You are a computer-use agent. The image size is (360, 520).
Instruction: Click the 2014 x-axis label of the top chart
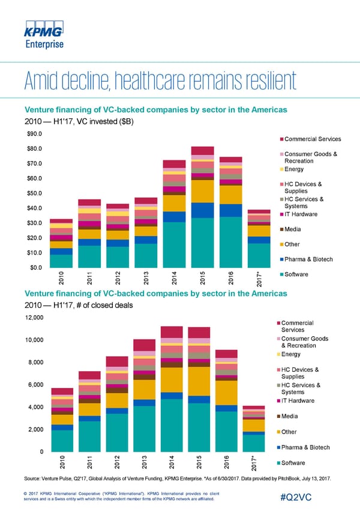[175, 279]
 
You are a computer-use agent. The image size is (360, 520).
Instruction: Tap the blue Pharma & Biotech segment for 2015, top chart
[203, 210]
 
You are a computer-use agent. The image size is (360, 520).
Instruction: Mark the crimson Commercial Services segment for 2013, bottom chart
[145, 345]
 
